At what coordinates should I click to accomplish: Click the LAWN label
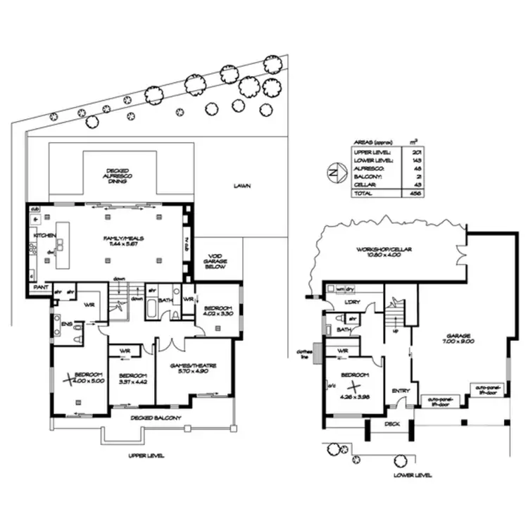[244, 187]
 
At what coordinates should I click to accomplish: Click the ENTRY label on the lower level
[400, 391]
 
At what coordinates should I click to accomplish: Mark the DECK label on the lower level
[391, 425]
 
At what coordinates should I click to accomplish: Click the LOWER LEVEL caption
[413, 476]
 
